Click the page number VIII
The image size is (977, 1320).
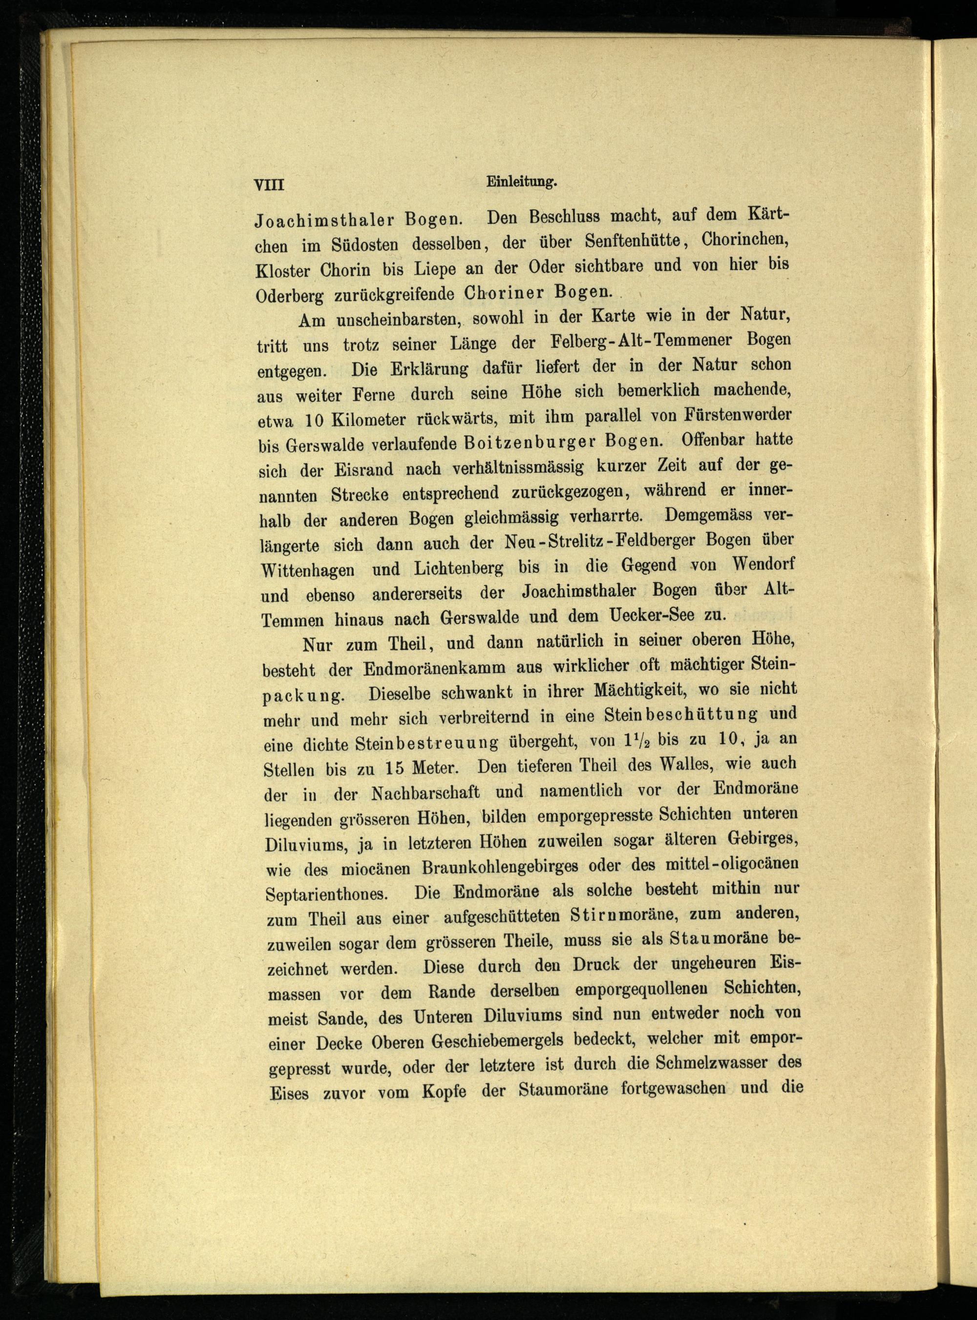269,185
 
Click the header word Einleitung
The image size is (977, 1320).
522,183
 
